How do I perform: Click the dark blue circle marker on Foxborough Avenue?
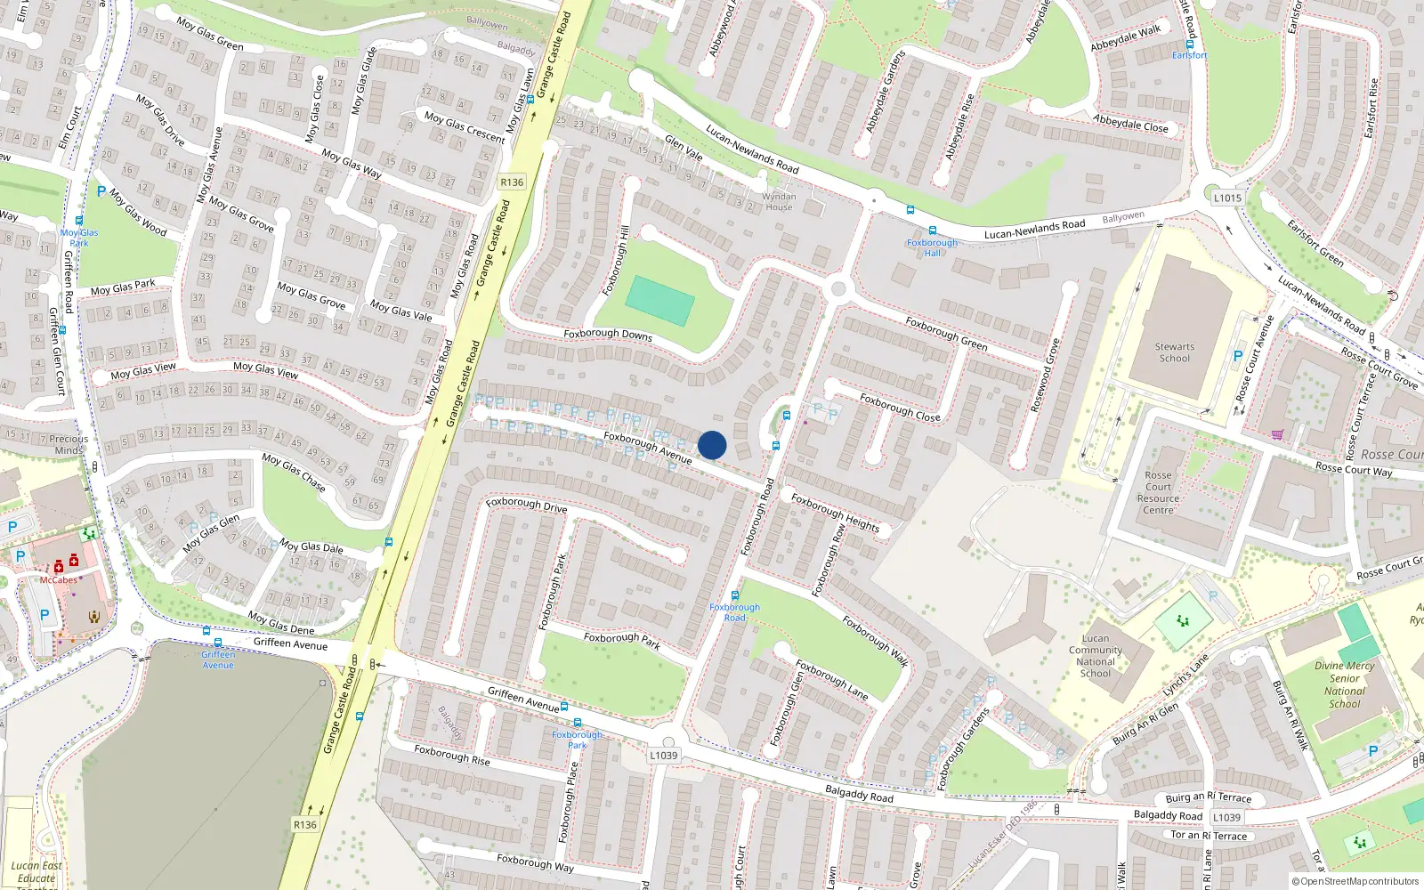point(712,445)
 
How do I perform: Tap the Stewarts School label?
point(1175,352)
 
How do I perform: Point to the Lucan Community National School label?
point(1096,656)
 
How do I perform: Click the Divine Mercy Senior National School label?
point(1344,684)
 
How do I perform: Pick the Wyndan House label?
point(779,202)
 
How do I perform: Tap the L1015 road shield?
point(1227,198)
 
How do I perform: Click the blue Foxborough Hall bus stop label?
point(932,247)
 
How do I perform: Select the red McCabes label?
point(59,579)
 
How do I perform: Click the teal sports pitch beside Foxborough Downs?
point(659,301)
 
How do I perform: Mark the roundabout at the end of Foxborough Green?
point(837,289)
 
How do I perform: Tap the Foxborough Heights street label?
point(835,514)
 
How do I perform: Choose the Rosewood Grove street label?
point(1046,375)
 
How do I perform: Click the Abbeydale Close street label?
point(1130,123)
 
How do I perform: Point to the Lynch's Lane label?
point(1185,676)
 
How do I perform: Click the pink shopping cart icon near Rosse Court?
point(1277,434)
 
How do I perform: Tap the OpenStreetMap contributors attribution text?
point(1355,881)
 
